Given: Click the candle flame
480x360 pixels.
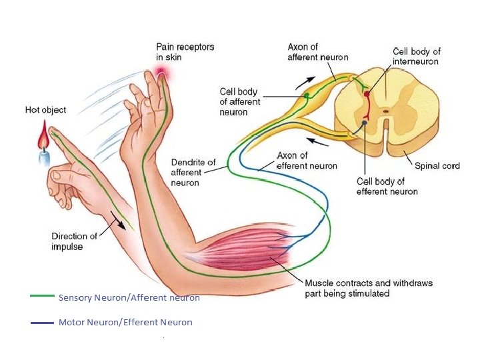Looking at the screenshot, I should (43, 141).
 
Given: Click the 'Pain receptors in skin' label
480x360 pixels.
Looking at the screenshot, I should (180, 52).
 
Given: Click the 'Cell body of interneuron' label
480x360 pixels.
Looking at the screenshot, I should (416, 56).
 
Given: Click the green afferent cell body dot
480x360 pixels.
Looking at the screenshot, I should (307, 96).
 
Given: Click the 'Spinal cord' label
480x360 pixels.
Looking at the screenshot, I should (437, 166).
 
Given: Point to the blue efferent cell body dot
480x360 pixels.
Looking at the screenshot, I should (365, 122).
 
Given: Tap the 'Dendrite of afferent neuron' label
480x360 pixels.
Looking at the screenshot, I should (193, 172).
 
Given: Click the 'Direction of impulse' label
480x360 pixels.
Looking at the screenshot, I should (74, 241).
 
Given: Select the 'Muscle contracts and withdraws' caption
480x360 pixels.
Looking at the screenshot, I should (368, 288).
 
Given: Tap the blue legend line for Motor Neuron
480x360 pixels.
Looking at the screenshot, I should (42, 323).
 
